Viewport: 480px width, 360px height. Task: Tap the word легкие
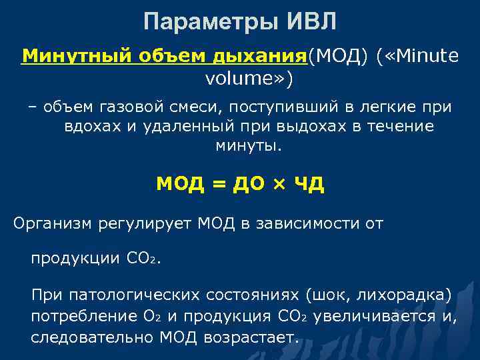pyautogui.click(x=379, y=106)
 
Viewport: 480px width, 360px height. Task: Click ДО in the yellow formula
pyautogui.click(x=247, y=184)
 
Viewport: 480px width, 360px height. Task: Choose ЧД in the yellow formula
pyautogui.click(x=308, y=184)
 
